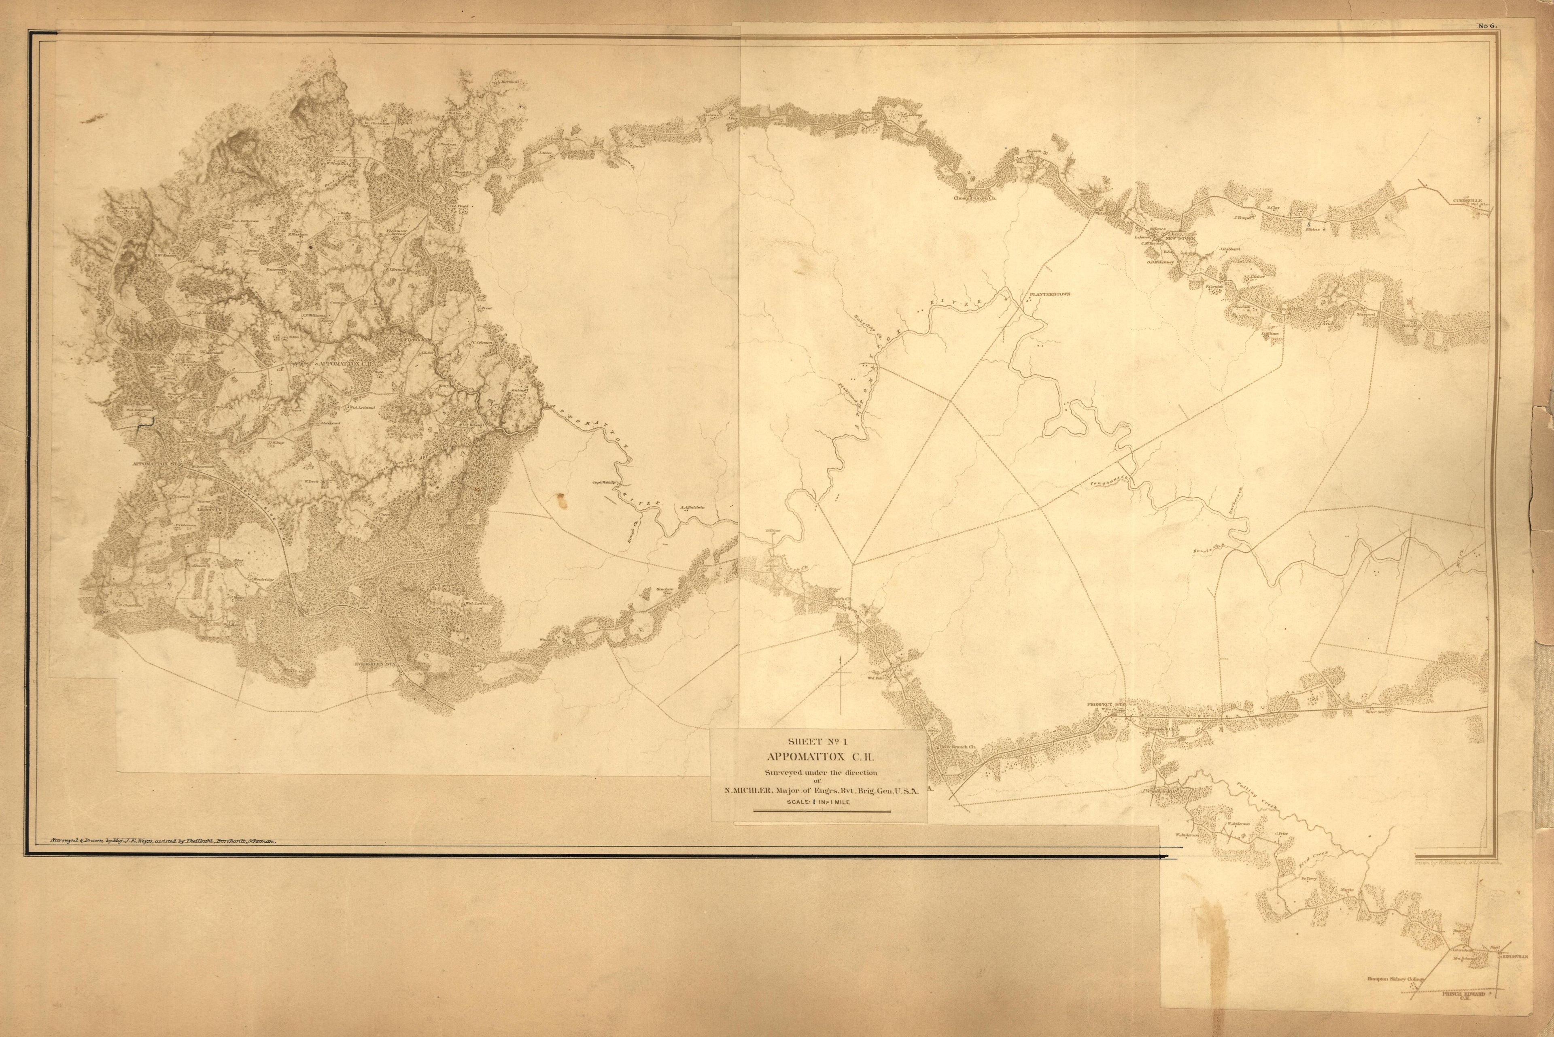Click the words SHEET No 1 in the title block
click(818, 741)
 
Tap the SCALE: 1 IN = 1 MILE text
click(818, 802)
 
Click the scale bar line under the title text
click(818, 811)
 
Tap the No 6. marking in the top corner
click(1487, 26)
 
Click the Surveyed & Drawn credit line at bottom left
click(162, 842)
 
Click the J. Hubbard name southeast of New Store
click(1229, 249)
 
